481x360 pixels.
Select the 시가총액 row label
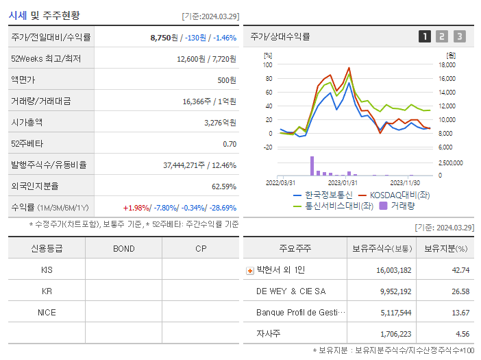[x=27, y=123]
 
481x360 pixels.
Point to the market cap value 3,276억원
[x=221, y=123]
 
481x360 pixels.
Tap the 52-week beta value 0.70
[x=230, y=144]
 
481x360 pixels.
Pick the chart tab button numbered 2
[x=442, y=36]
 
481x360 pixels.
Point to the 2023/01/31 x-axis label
[x=343, y=182]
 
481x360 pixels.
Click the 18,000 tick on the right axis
[x=447, y=65]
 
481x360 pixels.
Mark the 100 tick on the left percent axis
[x=267, y=65]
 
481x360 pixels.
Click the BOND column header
[x=124, y=248]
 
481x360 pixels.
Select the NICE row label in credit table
[x=47, y=313]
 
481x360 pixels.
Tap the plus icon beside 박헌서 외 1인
[x=249, y=271]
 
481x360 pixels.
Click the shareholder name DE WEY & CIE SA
[x=291, y=291]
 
